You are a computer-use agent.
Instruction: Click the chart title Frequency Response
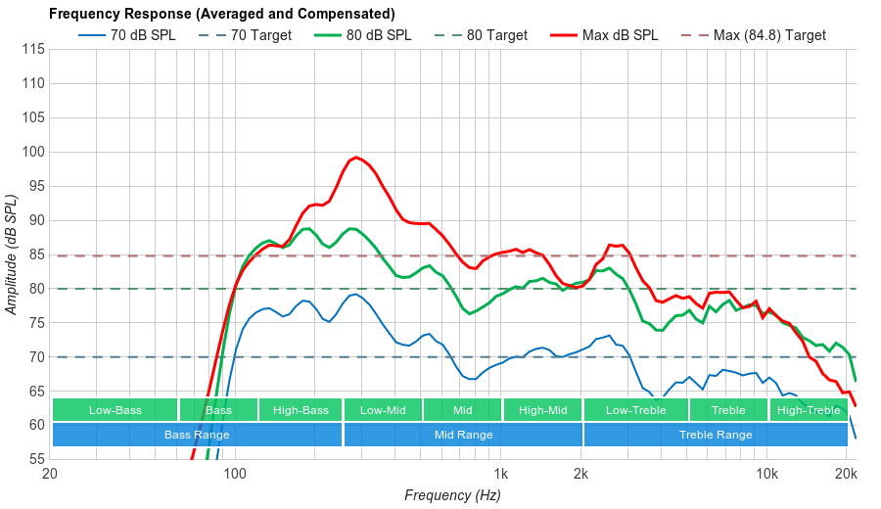click(x=221, y=14)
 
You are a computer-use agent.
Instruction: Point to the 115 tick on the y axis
click(x=33, y=49)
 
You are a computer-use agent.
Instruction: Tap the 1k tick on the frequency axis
click(x=500, y=475)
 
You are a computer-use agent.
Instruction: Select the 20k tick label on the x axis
click(x=847, y=475)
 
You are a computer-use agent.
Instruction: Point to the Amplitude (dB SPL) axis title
click(x=12, y=254)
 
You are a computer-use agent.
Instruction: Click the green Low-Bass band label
click(x=115, y=410)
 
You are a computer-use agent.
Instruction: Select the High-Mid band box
click(x=542, y=410)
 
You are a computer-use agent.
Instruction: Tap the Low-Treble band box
click(x=635, y=410)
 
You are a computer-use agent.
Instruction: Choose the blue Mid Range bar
click(x=463, y=435)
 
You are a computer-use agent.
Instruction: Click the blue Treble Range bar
click(x=716, y=435)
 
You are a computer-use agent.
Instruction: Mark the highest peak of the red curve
click(x=355, y=157)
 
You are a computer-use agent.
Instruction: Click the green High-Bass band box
click(x=301, y=410)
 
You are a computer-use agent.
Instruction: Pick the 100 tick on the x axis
click(x=235, y=475)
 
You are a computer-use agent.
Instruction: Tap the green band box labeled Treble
click(x=728, y=410)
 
